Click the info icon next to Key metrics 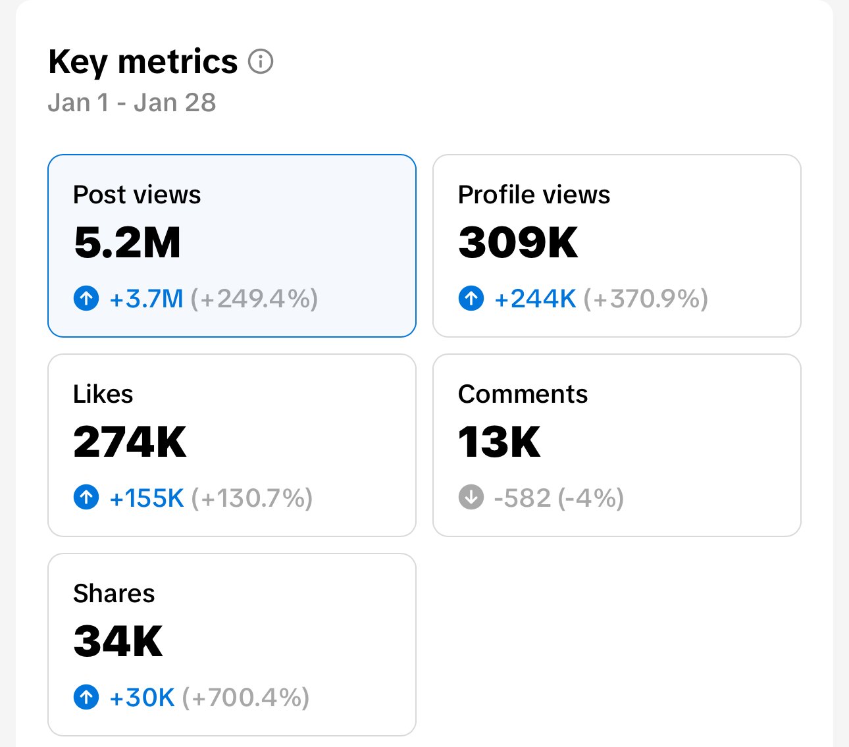pyautogui.click(x=261, y=62)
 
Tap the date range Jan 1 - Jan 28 pyautogui.click(x=132, y=103)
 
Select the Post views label pyautogui.click(x=137, y=195)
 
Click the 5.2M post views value pyautogui.click(x=127, y=243)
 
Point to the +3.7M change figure pyautogui.click(x=146, y=299)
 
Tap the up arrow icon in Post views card pyautogui.click(x=86, y=299)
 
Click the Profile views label pyautogui.click(x=534, y=195)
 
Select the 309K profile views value pyautogui.click(x=518, y=243)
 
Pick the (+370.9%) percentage pyautogui.click(x=646, y=299)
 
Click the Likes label pyautogui.click(x=103, y=394)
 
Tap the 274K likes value pyautogui.click(x=130, y=442)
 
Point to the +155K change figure pyautogui.click(x=146, y=498)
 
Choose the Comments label pyautogui.click(x=523, y=394)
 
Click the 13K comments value pyautogui.click(x=499, y=442)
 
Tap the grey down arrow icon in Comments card pyautogui.click(x=471, y=498)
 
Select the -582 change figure pyautogui.click(x=522, y=498)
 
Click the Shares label pyautogui.click(x=114, y=594)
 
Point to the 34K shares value pyautogui.click(x=118, y=642)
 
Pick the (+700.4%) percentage pyautogui.click(x=245, y=698)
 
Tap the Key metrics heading pyautogui.click(x=143, y=62)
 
